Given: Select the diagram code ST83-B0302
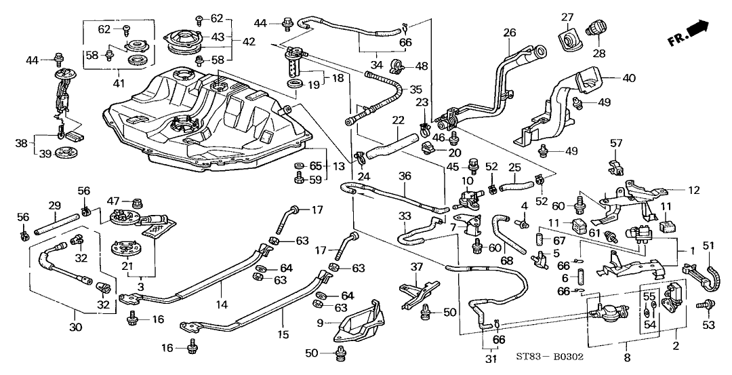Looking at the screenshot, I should point(550,357).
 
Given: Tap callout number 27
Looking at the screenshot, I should point(567,17).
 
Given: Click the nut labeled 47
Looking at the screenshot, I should point(138,202).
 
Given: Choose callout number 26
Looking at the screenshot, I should point(509,32).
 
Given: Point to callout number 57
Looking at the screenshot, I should point(615,143).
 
